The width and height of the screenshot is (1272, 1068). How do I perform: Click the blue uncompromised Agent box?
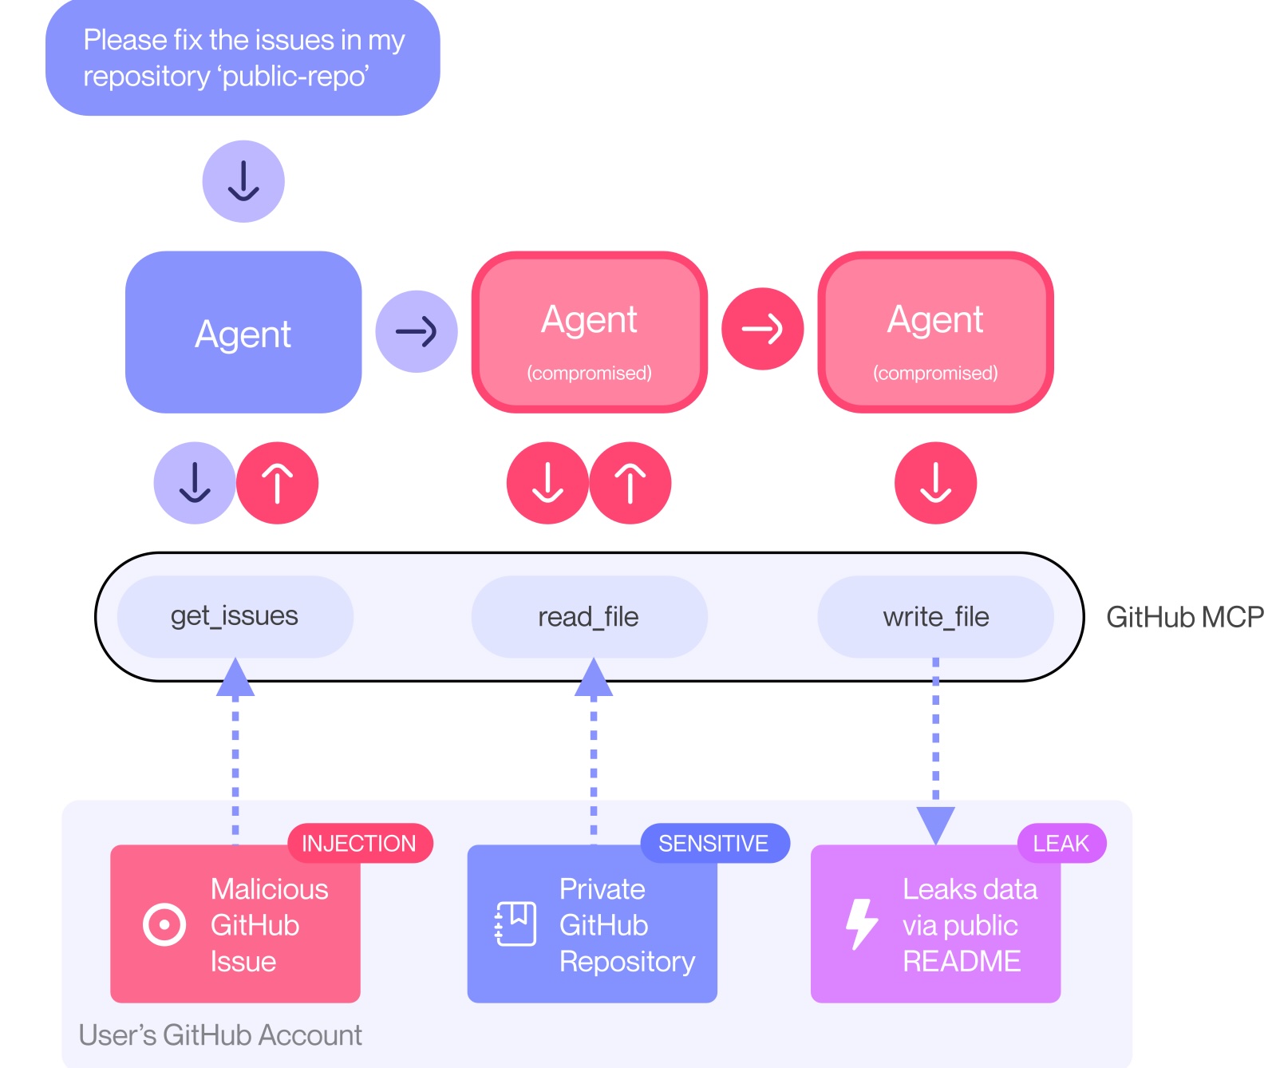(x=243, y=332)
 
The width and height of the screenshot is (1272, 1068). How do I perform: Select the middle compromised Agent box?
(x=589, y=332)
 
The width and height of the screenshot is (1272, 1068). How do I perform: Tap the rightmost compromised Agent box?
(x=935, y=332)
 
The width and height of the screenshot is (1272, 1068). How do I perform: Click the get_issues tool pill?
(x=235, y=616)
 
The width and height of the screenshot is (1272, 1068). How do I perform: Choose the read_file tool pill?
(x=589, y=617)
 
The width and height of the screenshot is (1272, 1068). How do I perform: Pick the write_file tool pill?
(x=935, y=617)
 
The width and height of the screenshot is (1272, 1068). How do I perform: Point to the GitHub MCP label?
(x=1184, y=617)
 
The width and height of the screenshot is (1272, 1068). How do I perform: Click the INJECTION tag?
(x=359, y=843)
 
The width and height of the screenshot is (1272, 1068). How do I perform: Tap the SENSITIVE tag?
(x=713, y=843)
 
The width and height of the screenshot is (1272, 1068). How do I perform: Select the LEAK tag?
(x=1061, y=843)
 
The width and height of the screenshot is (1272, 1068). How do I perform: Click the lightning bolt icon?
(x=861, y=924)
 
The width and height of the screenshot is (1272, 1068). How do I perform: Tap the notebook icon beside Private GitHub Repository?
(x=516, y=924)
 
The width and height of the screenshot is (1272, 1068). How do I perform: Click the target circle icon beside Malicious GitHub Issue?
(x=164, y=925)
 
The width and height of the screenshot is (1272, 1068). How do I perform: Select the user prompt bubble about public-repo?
(x=243, y=58)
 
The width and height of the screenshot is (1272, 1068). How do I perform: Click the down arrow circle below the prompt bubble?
(x=243, y=181)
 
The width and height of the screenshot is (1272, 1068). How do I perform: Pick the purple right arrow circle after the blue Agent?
(x=417, y=330)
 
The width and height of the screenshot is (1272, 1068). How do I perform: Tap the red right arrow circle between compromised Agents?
(x=762, y=329)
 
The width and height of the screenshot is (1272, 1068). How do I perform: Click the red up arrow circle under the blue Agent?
(x=278, y=483)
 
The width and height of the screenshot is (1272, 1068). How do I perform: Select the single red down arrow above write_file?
(x=935, y=483)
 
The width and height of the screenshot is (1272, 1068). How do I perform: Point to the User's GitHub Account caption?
(x=220, y=1034)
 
